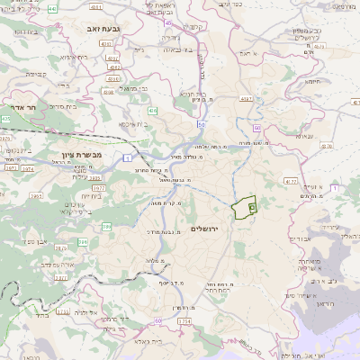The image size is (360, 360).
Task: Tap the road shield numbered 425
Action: coord(7,118)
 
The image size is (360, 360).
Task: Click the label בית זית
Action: coord(92,195)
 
